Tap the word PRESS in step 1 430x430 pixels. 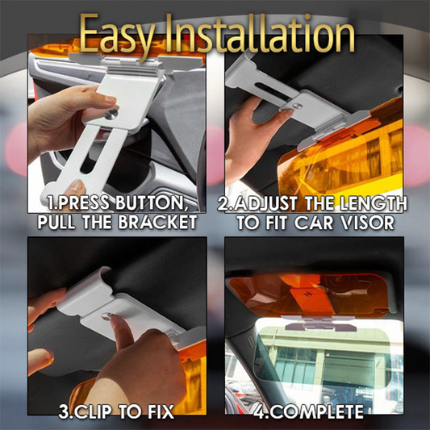coord(90,202)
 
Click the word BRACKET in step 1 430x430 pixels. coord(153,220)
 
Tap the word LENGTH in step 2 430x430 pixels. coord(372,202)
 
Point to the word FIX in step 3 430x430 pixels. coord(161,413)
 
